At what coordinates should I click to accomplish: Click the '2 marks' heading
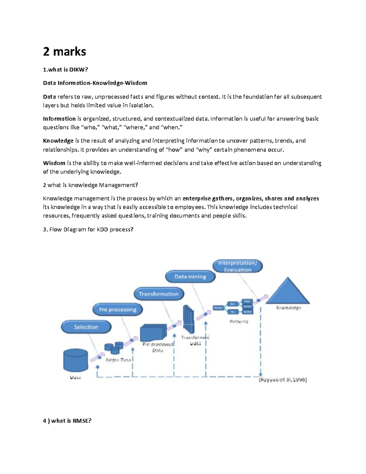point(64,51)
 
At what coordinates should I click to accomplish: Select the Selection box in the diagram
point(86,327)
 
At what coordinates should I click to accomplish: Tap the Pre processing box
point(117,309)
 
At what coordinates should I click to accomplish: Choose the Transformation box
point(159,294)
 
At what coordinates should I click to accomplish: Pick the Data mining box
point(190,277)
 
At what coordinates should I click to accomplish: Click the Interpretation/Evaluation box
point(237,266)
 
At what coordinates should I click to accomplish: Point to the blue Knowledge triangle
point(288,292)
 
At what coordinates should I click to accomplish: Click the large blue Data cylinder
point(75,360)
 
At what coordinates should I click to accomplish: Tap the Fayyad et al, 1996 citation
point(283,380)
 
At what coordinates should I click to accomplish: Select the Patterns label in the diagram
point(239,321)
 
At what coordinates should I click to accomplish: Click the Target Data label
point(118,360)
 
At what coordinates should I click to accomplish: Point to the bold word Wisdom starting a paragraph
point(54,163)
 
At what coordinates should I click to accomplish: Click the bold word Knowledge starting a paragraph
point(58,141)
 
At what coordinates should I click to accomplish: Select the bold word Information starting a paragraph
point(59,119)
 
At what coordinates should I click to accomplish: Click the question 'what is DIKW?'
point(65,70)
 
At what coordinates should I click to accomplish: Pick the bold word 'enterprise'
point(196,198)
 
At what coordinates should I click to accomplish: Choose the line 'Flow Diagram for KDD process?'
point(88,229)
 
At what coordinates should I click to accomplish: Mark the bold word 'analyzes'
point(307,198)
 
